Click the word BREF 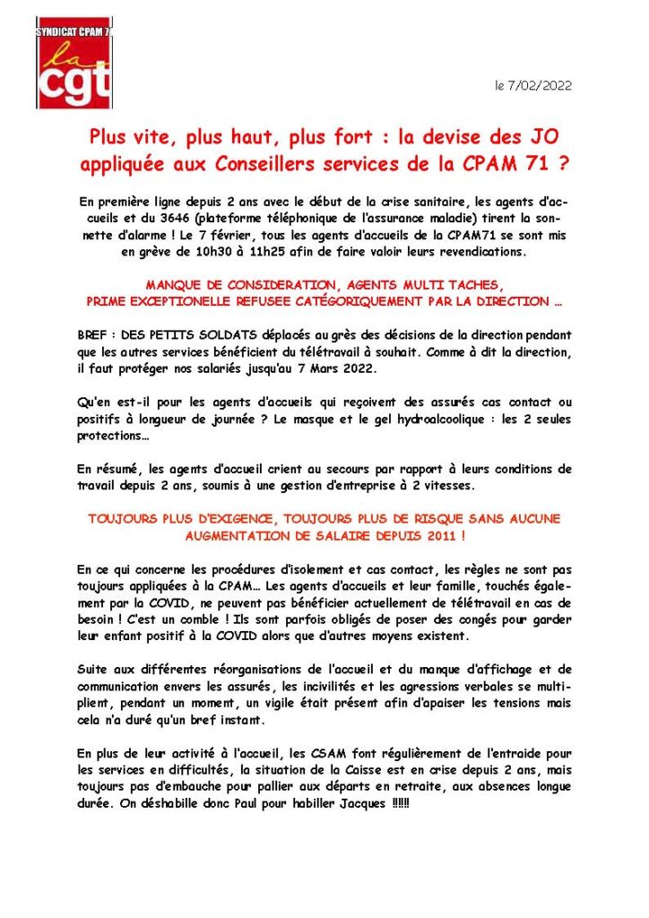(93, 333)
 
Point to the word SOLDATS (203, 333)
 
